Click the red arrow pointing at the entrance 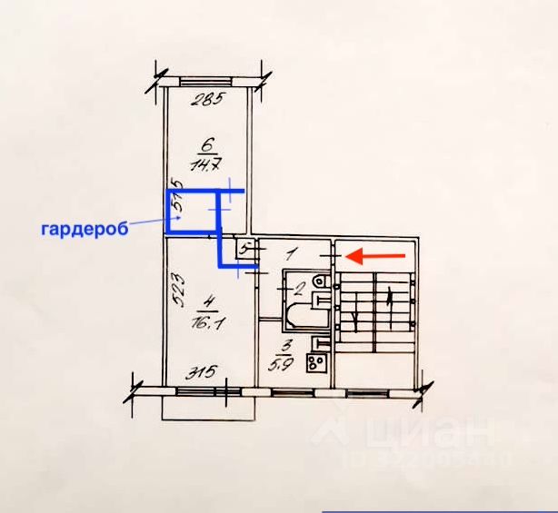(377, 256)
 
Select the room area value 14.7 (203, 164)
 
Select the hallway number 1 (291, 255)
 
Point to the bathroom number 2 (296, 290)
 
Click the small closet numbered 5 (244, 247)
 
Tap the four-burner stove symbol (317, 363)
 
